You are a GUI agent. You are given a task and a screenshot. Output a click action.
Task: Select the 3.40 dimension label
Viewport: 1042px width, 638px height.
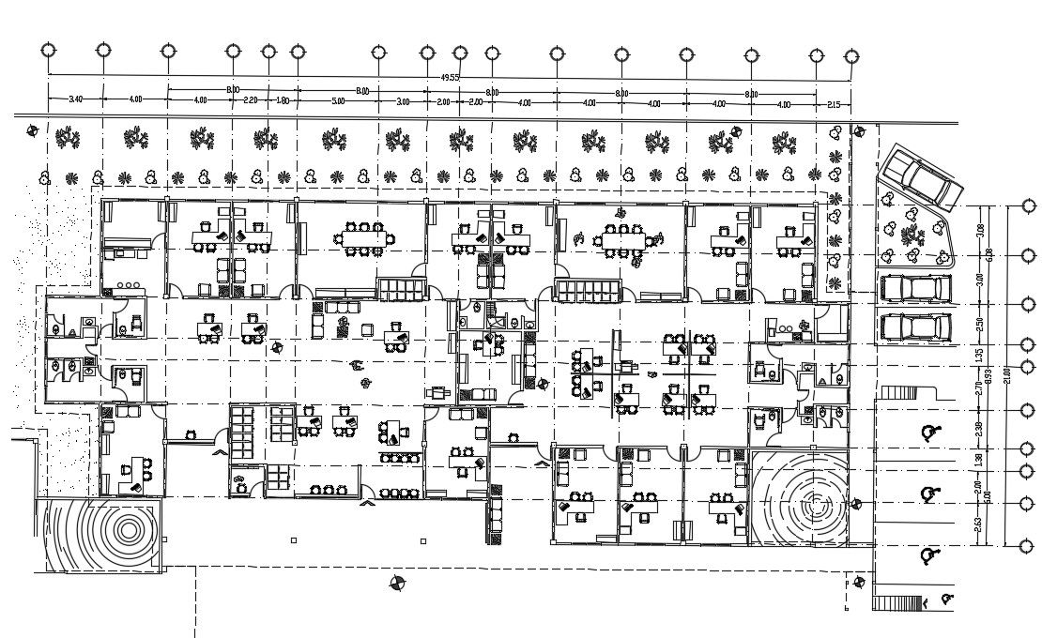tap(76, 99)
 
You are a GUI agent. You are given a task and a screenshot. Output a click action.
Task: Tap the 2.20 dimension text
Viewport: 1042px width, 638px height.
tap(251, 99)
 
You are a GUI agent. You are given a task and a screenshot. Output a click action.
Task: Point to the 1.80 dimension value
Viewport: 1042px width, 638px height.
tap(283, 99)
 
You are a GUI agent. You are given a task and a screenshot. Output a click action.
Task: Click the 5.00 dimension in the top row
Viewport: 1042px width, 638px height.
tap(338, 100)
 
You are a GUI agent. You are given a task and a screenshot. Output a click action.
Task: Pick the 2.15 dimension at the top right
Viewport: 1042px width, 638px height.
tap(833, 104)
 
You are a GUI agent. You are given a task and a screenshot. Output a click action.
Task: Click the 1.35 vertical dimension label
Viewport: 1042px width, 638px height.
tap(979, 355)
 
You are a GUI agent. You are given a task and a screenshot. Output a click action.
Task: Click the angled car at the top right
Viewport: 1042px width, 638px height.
tap(921, 177)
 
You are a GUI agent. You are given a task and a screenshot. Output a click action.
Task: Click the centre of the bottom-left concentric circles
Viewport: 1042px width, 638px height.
tap(127, 530)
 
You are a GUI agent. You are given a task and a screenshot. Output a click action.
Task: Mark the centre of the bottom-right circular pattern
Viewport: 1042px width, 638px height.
tap(812, 498)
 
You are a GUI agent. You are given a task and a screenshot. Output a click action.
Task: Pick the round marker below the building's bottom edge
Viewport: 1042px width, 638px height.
tap(398, 584)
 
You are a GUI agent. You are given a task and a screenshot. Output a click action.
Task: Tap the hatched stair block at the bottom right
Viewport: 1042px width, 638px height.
tap(897, 603)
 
